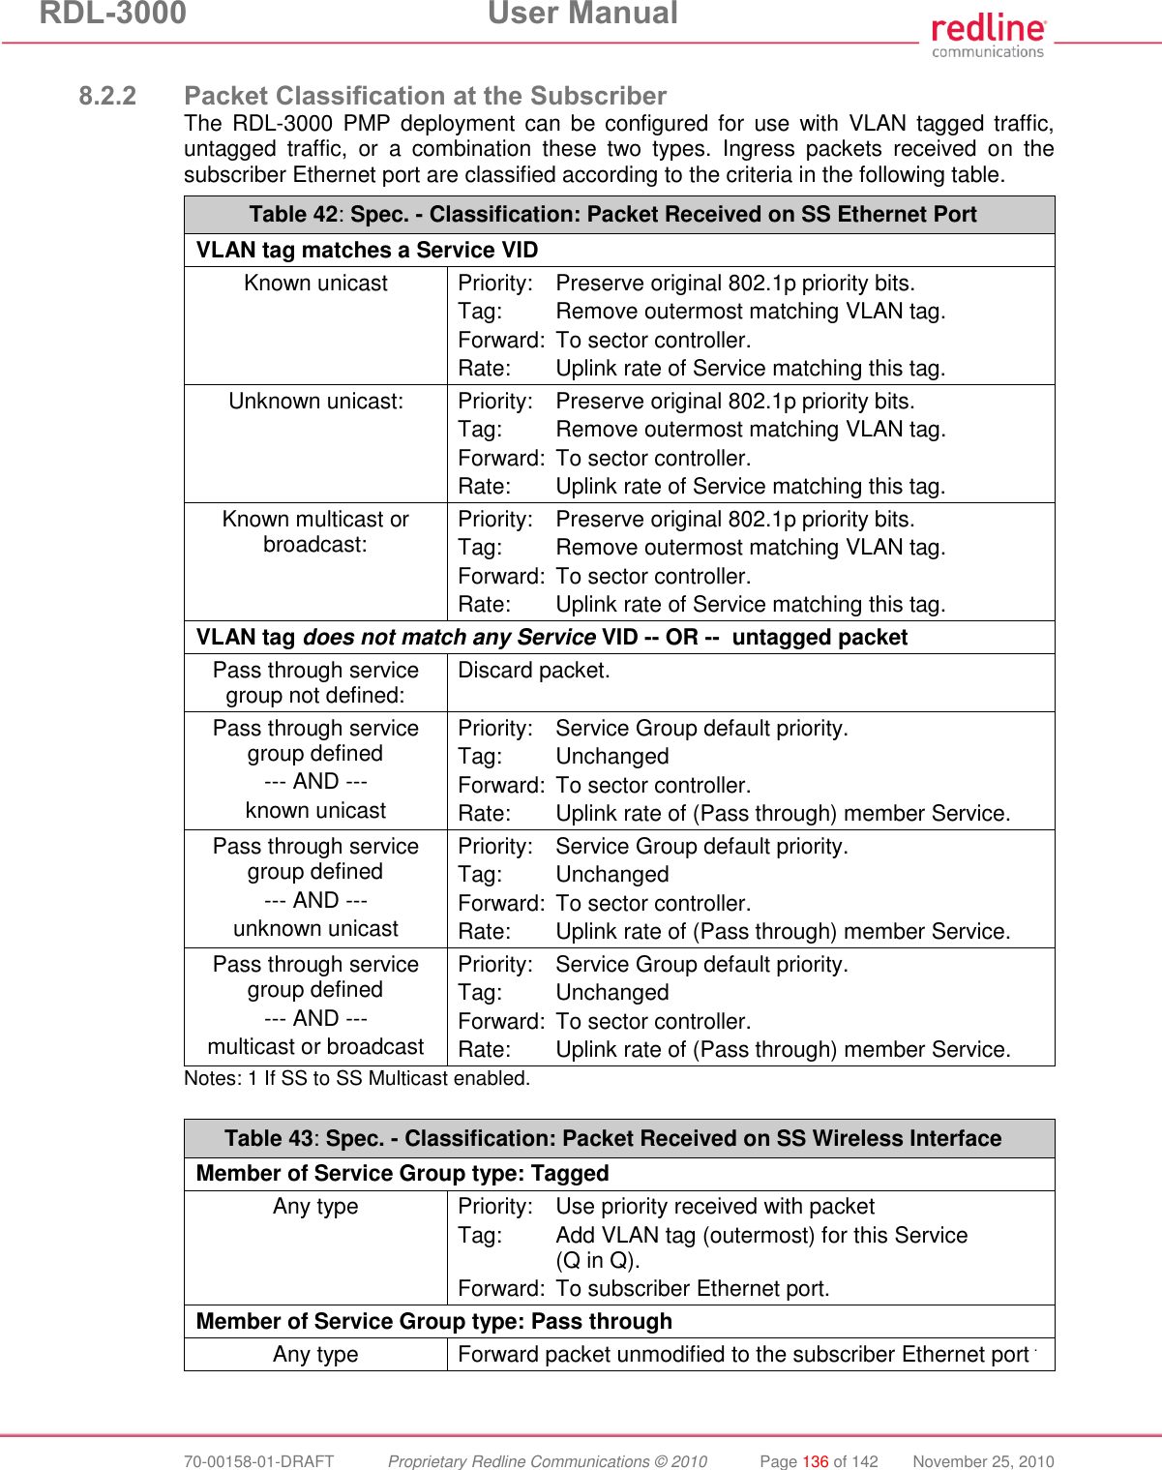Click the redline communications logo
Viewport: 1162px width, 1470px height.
988,36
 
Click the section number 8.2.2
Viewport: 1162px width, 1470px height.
107,96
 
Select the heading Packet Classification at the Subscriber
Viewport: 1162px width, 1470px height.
425,96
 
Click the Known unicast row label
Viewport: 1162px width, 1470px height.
315,284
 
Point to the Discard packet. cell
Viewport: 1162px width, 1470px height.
534,671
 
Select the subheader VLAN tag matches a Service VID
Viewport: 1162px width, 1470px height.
367,251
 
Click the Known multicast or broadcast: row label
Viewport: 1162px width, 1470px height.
315,532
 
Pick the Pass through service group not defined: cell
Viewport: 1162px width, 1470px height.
315,682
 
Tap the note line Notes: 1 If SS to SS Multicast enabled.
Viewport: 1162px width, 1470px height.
357,1078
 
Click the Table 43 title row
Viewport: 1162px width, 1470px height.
612,1139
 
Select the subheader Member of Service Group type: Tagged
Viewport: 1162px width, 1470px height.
402,1174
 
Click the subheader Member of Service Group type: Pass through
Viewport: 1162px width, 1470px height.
433,1322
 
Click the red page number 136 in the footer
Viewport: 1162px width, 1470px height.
816,1461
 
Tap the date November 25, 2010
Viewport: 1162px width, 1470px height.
983,1461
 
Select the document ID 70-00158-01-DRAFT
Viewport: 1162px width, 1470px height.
259,1461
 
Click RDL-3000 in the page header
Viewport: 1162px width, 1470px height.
112,14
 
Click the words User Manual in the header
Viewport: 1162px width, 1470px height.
582,14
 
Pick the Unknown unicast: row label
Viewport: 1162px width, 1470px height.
315,402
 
